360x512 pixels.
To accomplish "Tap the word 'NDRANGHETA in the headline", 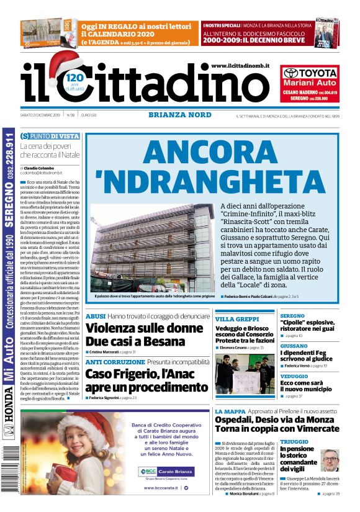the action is pyautogui.click(x=211, y=182).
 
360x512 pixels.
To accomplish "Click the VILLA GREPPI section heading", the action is pyautogui.click(x=237, y=318).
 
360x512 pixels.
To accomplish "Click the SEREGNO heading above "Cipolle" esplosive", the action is pyautogui.click(x=293, y=316).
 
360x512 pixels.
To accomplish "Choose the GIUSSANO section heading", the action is pyautogui.click(x=295, y=346).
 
